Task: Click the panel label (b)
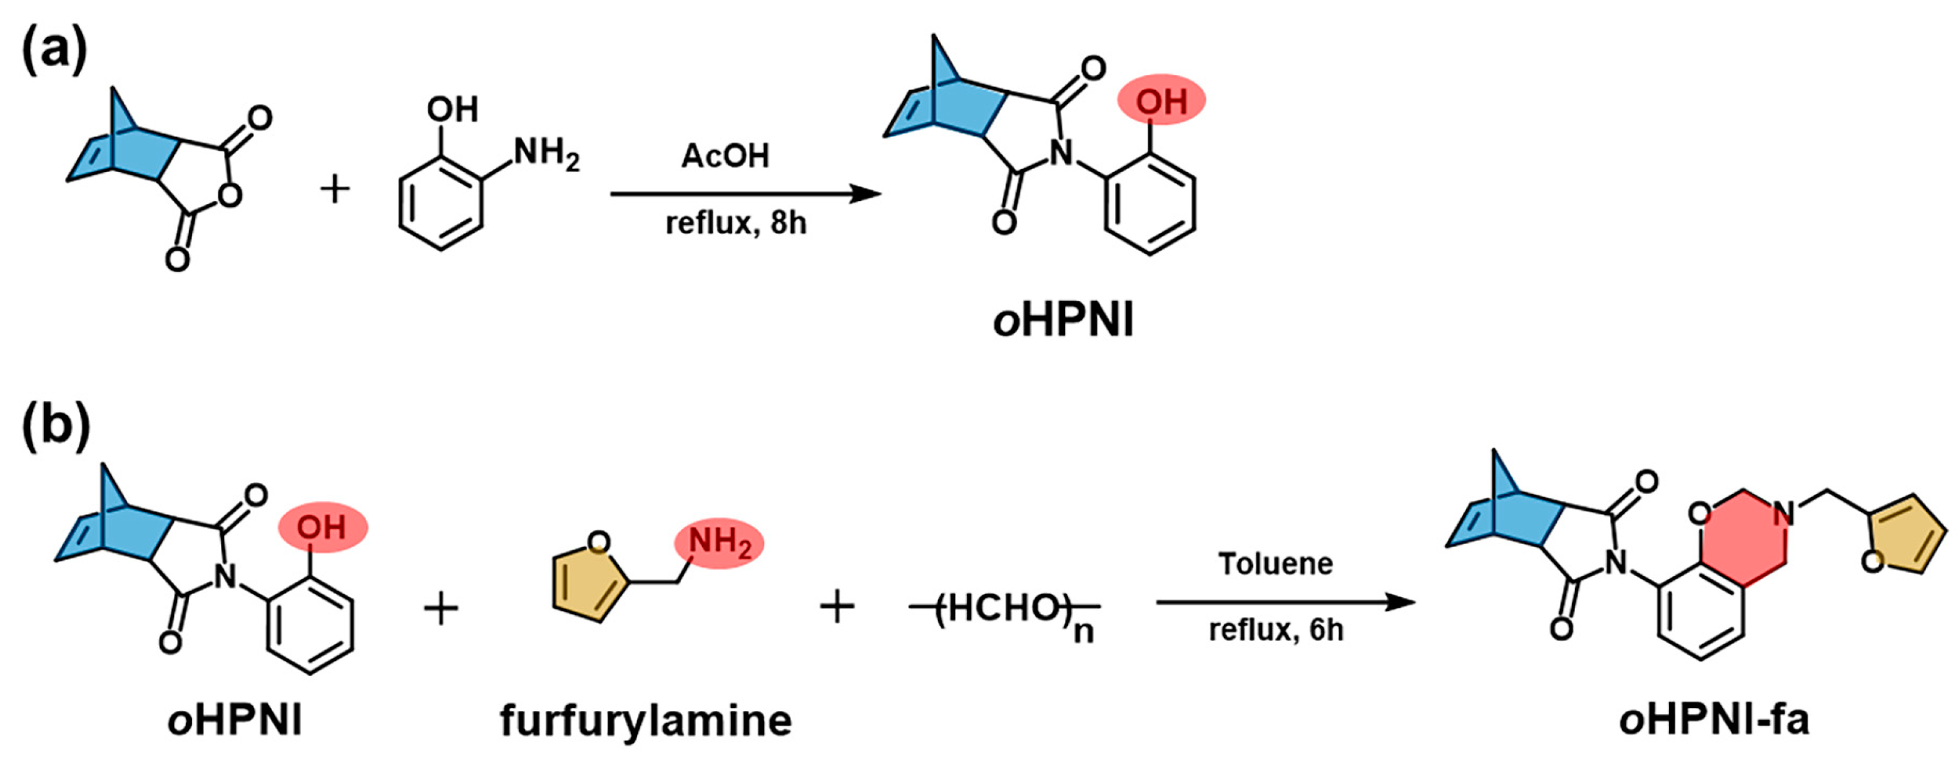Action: tap(54, 429)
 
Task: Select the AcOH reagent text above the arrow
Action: tap(725, 156)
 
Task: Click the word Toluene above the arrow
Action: tap(1275, 563)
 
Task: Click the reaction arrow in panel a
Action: tap(745, 194)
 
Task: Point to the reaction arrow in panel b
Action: tap(1285, 602)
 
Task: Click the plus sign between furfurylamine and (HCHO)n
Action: tap(837, 608)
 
